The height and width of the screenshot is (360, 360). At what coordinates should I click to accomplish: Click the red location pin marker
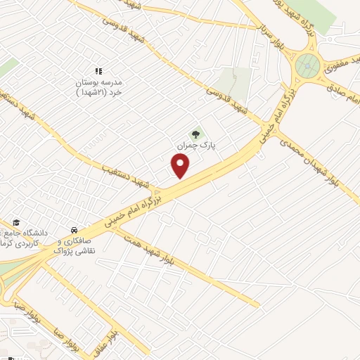coord(181,166)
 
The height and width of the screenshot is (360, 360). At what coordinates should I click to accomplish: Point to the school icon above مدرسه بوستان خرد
coord(99,71)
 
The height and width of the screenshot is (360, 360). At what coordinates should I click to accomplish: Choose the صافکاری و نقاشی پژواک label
coord(75,245)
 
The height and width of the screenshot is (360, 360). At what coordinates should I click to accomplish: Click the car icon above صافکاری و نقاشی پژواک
coord(74,230)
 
